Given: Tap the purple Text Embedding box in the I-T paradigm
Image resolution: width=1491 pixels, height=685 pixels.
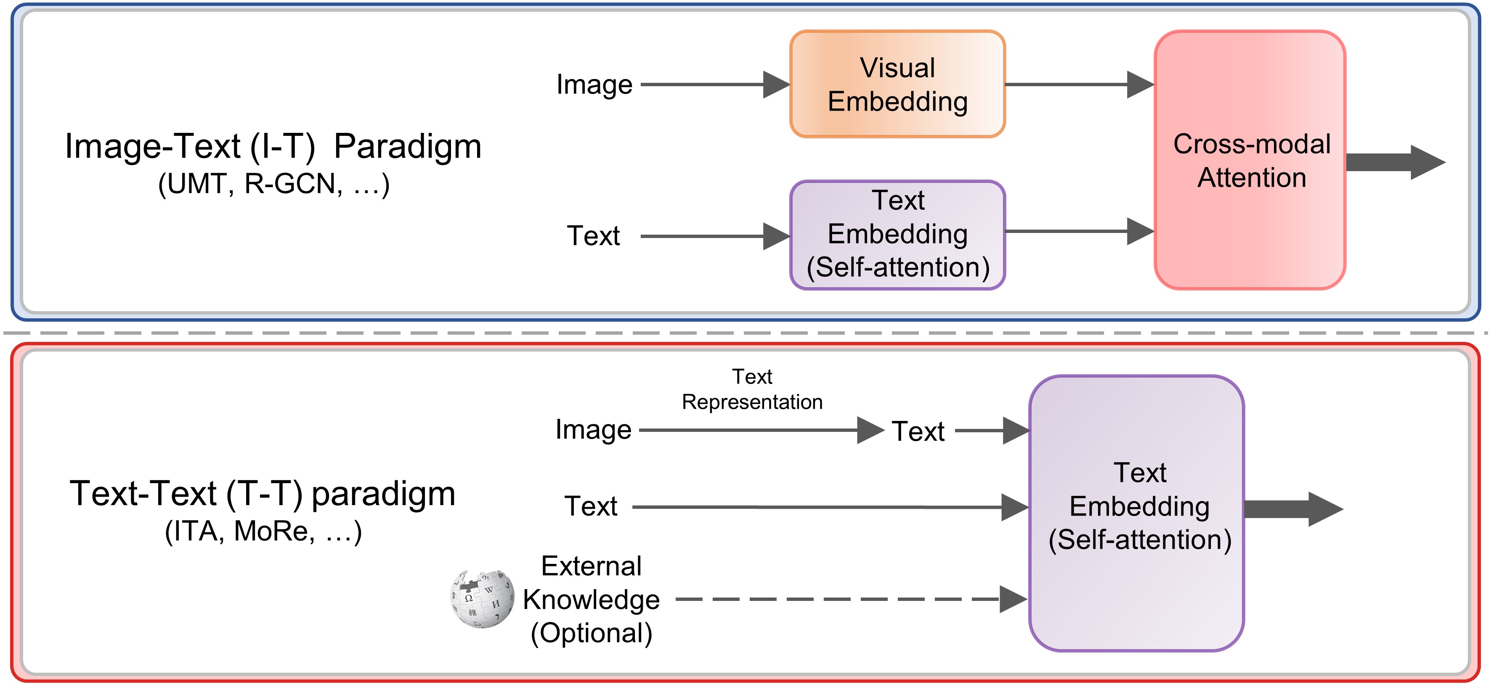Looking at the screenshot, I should (x=897, y=234).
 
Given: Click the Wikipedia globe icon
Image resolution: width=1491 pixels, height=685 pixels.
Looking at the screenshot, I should (x=482, y=599).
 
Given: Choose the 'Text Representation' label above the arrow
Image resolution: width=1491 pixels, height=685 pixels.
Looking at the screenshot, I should (x=752, y=389).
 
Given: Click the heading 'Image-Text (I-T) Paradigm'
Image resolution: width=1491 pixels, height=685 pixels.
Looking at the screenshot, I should (x=273, y=146).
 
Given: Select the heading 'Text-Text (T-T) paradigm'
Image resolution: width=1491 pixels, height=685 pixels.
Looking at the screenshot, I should (x=263, y=494).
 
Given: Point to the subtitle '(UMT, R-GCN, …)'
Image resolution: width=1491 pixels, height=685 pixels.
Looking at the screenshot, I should (x=274, y=184).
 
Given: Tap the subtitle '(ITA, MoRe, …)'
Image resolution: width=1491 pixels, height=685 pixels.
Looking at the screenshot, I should (x=263, y=531).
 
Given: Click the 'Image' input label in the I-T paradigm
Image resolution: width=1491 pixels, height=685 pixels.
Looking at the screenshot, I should (x=594, y=85).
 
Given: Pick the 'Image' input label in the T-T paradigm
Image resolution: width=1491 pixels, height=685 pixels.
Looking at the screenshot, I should (x=593, y=430).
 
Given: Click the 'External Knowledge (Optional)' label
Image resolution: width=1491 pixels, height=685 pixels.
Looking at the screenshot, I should (x=592, y=599).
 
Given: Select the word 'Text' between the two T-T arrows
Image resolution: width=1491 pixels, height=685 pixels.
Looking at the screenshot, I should (x=918, y=431).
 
